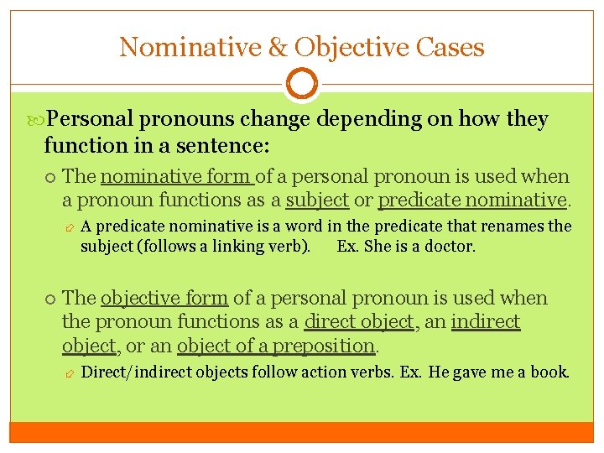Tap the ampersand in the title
coord(278,47)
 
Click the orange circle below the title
coord(301,85)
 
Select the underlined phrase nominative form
coord(175,177)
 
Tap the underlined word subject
coord(317,200)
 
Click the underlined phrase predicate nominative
coord(473,200)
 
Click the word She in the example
coord(375,247)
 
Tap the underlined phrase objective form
coord(164,299)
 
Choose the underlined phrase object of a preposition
coord(263,346)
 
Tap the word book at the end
coord(549,372)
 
